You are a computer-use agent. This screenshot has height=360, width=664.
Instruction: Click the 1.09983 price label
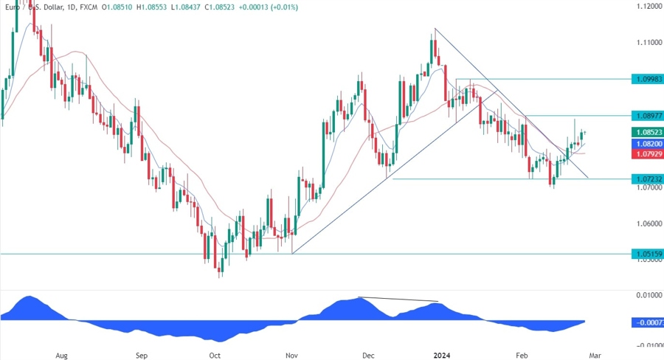[x=647, y=79]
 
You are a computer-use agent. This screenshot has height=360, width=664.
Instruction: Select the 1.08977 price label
[x=647, y=116]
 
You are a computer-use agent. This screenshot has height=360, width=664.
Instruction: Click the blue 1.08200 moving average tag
[x=647, y=144]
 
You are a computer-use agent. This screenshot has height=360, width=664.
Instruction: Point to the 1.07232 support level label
[x=647, y=179]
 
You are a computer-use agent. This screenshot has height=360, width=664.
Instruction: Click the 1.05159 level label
[x=647, y=254]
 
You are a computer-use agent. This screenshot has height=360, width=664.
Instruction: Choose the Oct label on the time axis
[x=215, y=354]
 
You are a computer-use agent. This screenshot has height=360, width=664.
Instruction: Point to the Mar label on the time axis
[x=595, y=354]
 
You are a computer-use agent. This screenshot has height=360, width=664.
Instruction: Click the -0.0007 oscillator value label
[x=647, y=322]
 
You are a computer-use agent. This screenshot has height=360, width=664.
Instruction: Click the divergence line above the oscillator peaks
[x=398, y=300]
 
